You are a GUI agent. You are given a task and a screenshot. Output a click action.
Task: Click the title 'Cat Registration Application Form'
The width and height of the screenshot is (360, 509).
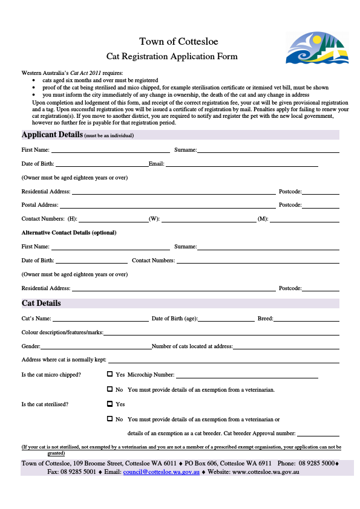click(x=172, y=56)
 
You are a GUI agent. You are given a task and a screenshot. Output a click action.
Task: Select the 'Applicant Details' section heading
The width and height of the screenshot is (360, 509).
click(x=52, y=134)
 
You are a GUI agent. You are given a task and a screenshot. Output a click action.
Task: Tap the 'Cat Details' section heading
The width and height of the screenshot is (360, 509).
click(x=41, y=303)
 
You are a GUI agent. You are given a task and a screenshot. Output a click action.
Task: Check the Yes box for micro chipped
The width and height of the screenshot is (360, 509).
click(x=110, y=374)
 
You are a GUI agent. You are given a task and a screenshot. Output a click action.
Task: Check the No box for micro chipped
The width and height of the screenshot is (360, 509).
click(x=110, y=389)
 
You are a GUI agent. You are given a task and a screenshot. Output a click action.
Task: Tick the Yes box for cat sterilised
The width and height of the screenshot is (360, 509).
click(x=110, y=404)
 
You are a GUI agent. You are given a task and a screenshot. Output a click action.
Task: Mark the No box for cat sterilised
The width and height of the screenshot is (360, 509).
click(x=110, y=418)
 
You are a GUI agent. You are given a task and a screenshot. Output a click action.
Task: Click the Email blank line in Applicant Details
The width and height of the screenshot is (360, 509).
click(x=241, y=165)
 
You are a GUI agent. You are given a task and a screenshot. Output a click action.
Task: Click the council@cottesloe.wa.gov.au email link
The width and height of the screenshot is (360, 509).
click(x=162, y=472)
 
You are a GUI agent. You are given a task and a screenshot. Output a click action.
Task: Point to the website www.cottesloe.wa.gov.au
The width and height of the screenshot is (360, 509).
click(x=266, y=472)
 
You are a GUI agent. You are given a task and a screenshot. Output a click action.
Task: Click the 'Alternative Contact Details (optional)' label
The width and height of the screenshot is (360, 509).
click(x=69, y=233)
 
